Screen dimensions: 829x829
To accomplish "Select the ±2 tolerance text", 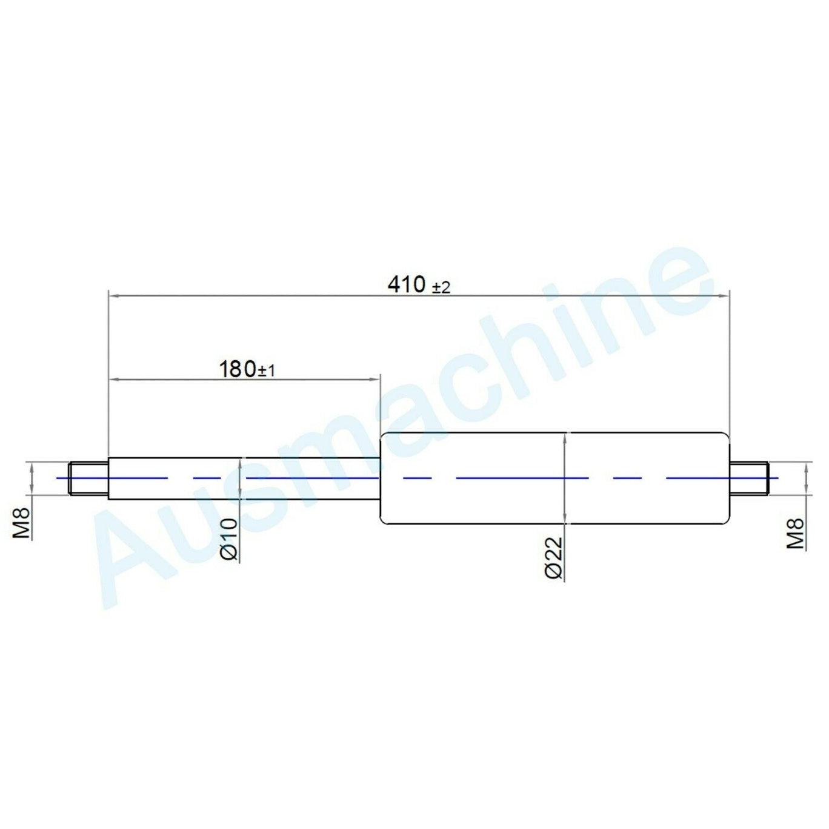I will coord(441,287).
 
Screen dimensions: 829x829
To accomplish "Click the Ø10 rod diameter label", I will coord(229,539).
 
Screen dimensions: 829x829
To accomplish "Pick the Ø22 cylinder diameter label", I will coord(553,558).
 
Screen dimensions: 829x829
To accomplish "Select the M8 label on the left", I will coord(22,525).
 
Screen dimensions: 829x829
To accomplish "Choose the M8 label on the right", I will coord(795,534).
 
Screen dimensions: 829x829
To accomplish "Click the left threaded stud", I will coord(89,477).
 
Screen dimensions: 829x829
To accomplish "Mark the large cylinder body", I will coord(554,477).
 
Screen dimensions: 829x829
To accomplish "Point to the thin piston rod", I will coord(242,477).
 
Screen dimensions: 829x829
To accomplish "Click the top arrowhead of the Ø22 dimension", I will coord(564,437).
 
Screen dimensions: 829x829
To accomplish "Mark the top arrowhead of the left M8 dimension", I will coord(30,466).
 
